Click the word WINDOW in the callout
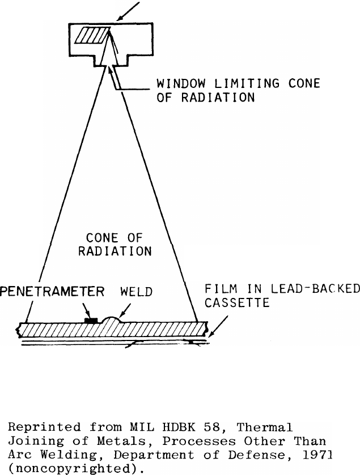click(x=175, y=85)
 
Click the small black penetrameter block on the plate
click(x=90, y=321)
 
